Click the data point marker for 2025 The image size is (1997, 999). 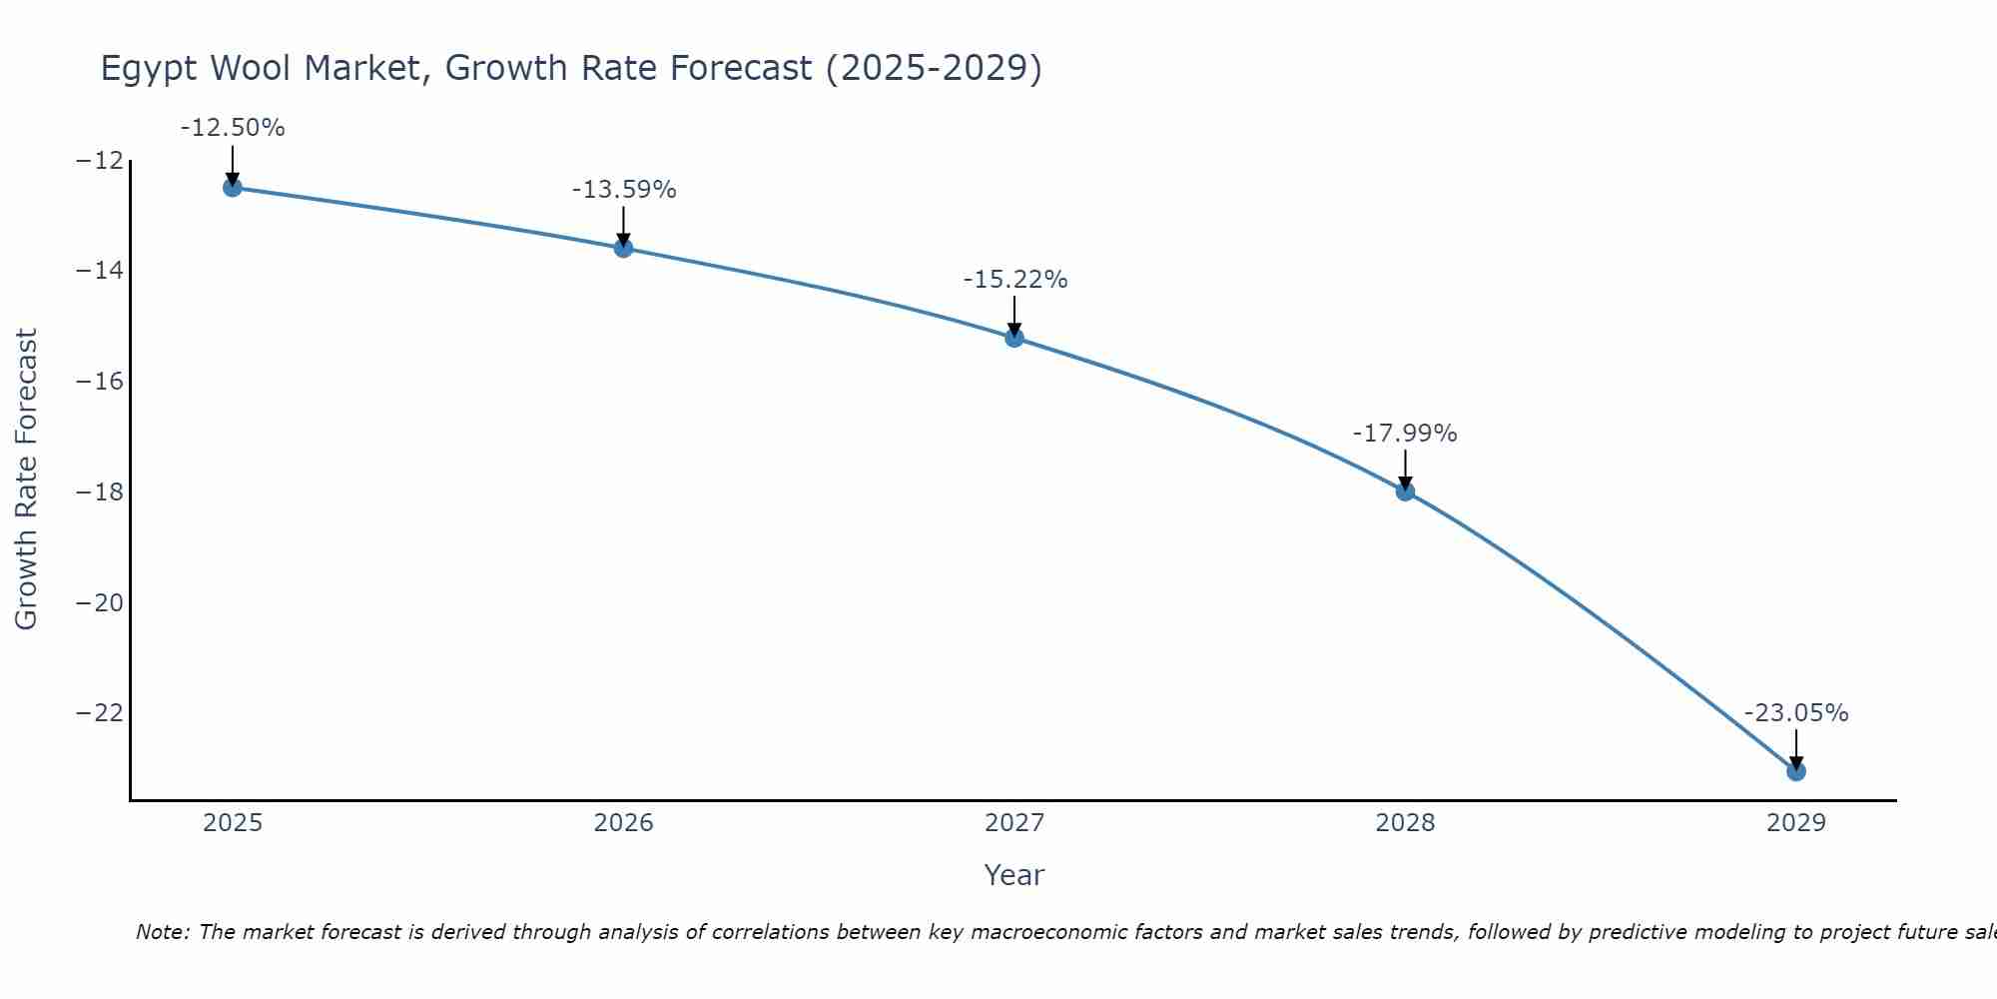pyautogui.click(x=233, y=187)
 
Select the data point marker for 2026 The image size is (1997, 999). pyautogui.click(x=623, y=248)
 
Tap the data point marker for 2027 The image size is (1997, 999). pyautogui.click(x=1014, y=338)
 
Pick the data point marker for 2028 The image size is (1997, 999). pyautogui.click(x=1405, y=492)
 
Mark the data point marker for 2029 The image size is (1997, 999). pyautogui.click(x=1796, y=771)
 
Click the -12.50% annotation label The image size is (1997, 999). pyautogui.click(x=233, y=128)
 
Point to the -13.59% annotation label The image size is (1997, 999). pyautogui.click(x=624, y=190)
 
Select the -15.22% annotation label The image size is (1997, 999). pyautogui.click(x=1015, y=280)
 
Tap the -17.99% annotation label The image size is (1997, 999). pyautogui.click(x=1405, y=434)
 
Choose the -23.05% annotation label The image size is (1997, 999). pyautogui.click(x=1796, y=713)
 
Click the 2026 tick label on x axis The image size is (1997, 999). pyautogui.click(x=623, y=823)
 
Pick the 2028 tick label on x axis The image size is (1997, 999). pyautogui.click(x=1405, y=823)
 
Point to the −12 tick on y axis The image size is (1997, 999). pyautogui.click(x=99, y=161)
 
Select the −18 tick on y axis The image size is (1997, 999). pyautogui.click(x=99, y=493)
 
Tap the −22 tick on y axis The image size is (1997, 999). pyautogui.click(x=99, y=713)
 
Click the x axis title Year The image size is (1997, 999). pyautogui.click(x=1013, y=875)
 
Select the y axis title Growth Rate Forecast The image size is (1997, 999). pyautogui.click(x=26, y=480)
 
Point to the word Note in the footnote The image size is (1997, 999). pyautogui.click(x=161, y=932)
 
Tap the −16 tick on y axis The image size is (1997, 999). pyautogui.click(x=99, y=382)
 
